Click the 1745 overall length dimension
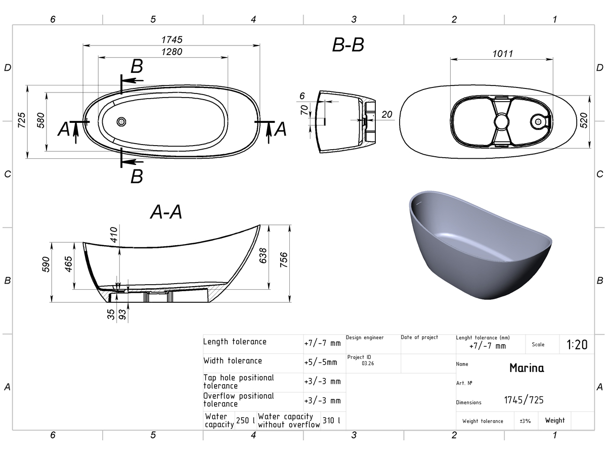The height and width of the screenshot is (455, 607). (x=171, y=40)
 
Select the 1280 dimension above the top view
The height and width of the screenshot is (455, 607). (x=171, y=52)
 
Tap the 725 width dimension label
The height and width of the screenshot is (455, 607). (x=22, y=120)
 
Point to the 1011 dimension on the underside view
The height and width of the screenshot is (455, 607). (x=502, y=54)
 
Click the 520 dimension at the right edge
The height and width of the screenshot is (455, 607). (x=584, y=120)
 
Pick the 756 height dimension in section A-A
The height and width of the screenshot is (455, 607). (x=284, y=260)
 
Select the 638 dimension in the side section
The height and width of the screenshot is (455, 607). (x=263, y=255)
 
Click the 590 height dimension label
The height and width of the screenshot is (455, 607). (x=46, y=264)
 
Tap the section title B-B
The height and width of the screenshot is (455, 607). (x=348, y=45)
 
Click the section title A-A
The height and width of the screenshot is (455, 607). (x=166, y=212)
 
